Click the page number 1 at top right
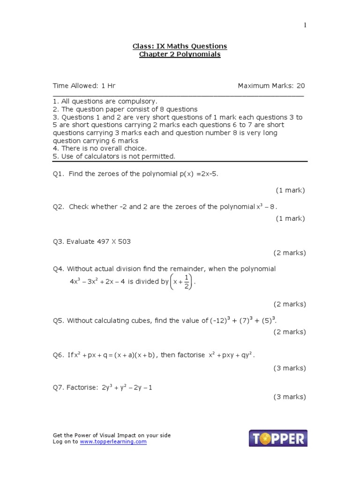305,25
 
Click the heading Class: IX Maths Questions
180,46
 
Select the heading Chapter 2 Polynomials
180,54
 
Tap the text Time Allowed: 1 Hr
84,86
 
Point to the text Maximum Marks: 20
271,86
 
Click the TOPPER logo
278,439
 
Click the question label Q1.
58,174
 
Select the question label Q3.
58,242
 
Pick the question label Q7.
58,388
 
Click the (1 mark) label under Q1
290,190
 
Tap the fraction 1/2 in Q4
186,282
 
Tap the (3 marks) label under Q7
290,397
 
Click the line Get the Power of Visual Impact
112,435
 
